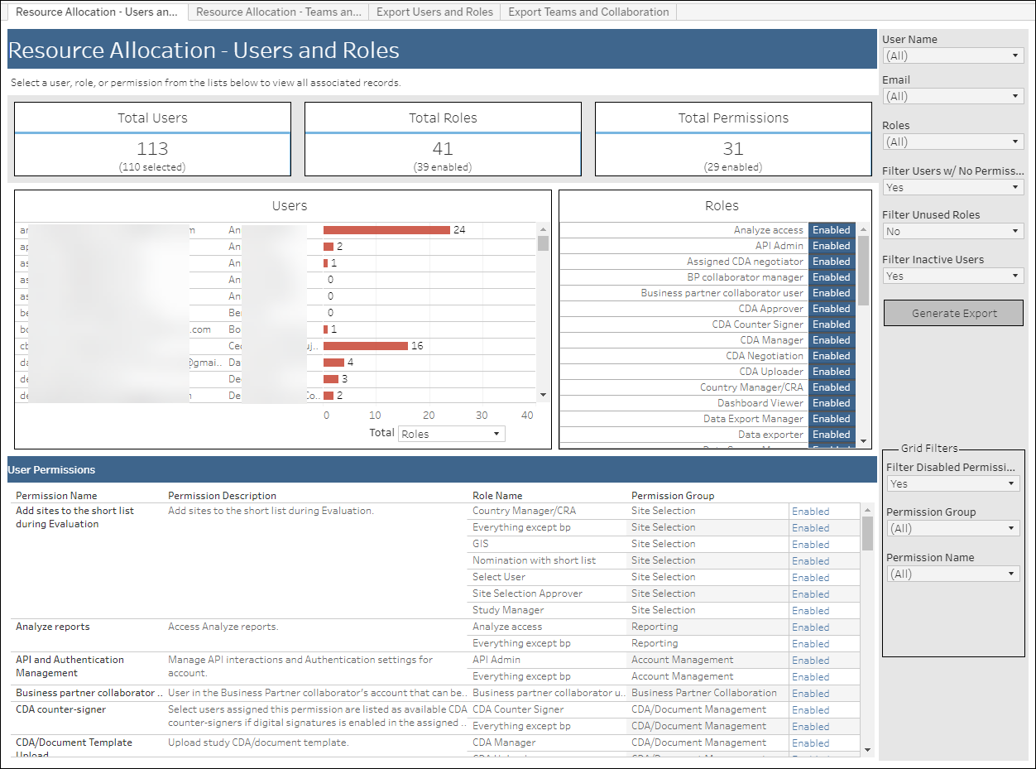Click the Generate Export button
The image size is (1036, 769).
(953, 314)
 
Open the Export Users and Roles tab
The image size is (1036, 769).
(434, 12)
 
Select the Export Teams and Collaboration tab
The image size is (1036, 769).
(588, 12)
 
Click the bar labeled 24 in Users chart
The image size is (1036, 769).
(386, 230)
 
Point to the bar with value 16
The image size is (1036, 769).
(365, 346)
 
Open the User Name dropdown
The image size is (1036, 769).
(953, 55)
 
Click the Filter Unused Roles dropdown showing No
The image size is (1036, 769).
(953, 232)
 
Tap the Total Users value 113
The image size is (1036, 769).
(152, 149)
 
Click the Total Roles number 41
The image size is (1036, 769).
(443, 149)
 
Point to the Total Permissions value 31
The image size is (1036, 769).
(733, 149)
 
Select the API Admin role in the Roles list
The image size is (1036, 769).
(779, 246)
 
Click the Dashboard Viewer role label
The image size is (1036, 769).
(760, 403)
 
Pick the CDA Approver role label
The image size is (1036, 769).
(770, 309)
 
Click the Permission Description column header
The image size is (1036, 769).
(222, 496)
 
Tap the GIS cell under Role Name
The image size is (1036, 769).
(481, 544)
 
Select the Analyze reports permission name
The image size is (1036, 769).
(52, 627)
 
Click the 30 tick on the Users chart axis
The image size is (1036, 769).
(482, 416)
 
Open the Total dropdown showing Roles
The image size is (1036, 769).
(451, 434)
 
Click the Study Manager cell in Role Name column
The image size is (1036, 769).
(508, 610)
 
